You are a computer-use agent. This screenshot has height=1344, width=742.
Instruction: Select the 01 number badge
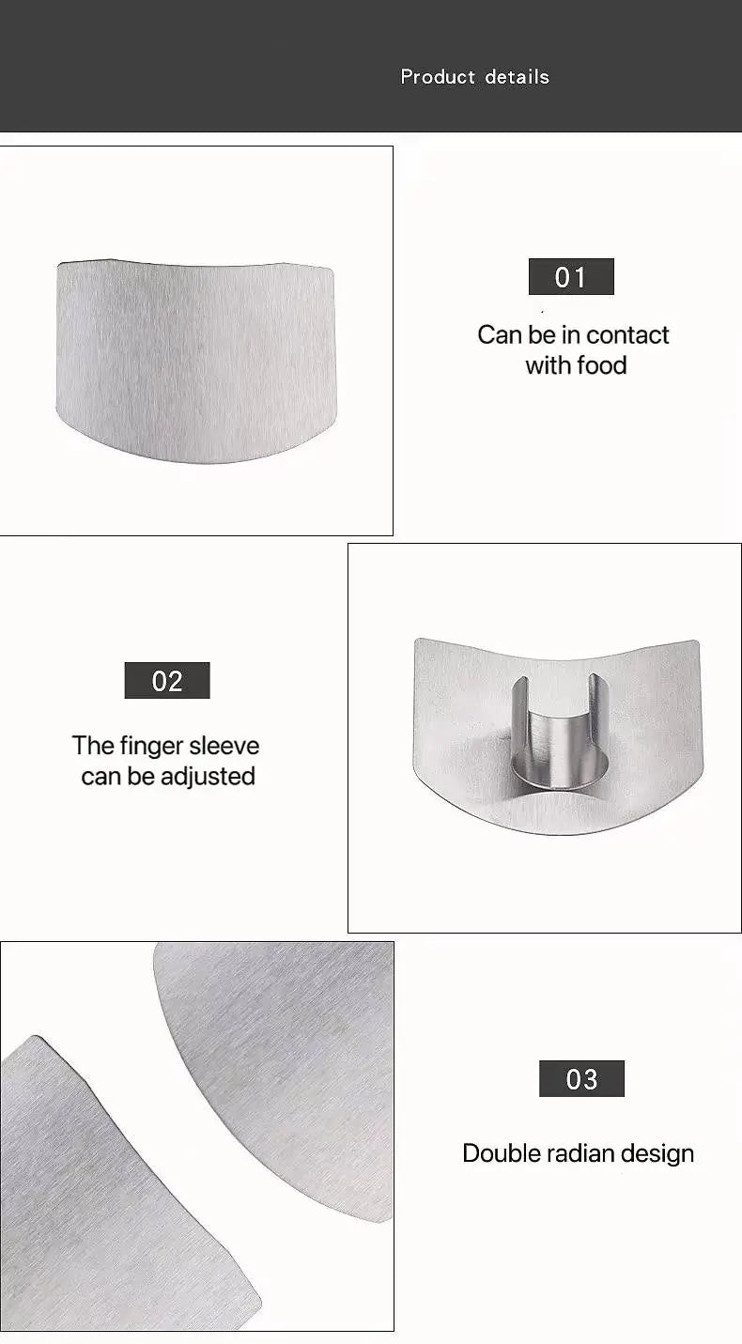coord(571,277)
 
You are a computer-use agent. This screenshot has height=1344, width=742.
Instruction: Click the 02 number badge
coord(167,680)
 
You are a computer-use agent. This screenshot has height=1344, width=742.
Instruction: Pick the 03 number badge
coord(581,1079)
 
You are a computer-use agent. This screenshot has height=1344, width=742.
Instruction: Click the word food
coord(602,365)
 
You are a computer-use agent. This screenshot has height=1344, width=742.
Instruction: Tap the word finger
coord(151,747)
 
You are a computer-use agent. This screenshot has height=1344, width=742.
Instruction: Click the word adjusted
coord(208,777)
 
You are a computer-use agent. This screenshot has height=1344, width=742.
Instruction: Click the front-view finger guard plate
coord(195,362)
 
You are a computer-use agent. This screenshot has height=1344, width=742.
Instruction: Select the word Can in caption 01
coord(497,335)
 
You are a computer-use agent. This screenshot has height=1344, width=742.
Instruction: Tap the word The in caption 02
coord(93,747)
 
